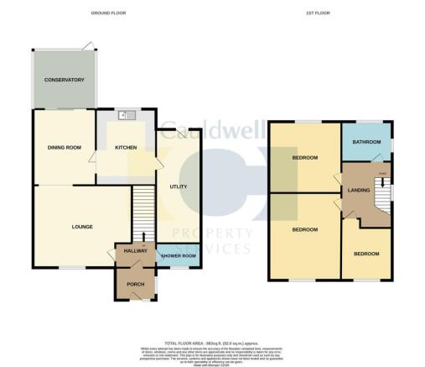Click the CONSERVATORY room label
(x=65, y=80)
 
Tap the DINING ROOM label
(x=64, y=148)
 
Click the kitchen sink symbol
(x=126, y=117)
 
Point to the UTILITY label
(x=177, y=186)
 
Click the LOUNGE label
(x=81, y=227)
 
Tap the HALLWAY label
(x=136, y=250)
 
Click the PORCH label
(x=134, y=285)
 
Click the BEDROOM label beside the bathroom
(x=304, y=158)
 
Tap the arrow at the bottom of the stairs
(x=143, y=238)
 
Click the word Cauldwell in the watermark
(x=212, y=131)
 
